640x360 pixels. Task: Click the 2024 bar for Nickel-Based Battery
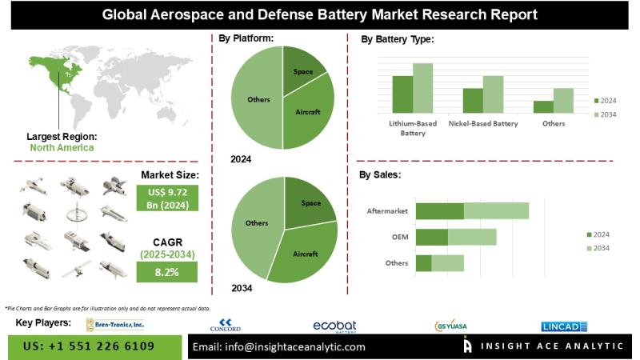(473, 100)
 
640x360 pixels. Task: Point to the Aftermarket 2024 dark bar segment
(439, 210)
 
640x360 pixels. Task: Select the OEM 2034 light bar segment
(472, 237)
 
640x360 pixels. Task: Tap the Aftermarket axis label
(387, 210)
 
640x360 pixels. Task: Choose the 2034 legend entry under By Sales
(602, 249)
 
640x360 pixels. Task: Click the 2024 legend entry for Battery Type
(606, 100)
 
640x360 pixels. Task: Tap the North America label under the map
(62, 147)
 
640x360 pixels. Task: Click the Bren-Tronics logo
(116, 324)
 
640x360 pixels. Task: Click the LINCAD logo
(565, 325)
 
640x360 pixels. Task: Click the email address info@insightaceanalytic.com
(279, 346)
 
